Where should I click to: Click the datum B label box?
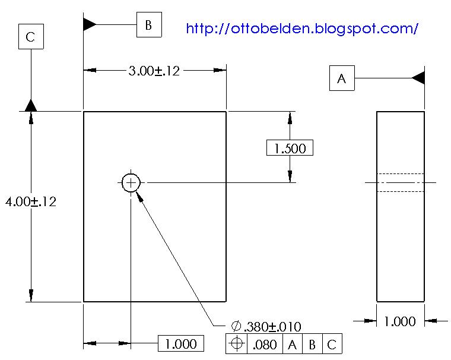149,25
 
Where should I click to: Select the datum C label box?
31,37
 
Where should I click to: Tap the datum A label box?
342,78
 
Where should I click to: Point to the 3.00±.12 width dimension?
154,71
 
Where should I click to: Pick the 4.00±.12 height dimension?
30,201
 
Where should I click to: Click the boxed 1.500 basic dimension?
290,148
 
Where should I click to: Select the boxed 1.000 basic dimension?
181,343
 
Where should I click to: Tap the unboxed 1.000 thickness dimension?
400,321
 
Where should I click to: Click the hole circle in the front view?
131,182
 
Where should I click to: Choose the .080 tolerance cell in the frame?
265,344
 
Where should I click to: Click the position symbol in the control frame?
237,344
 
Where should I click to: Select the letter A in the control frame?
292,344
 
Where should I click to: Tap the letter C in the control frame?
332,344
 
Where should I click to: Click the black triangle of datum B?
89,24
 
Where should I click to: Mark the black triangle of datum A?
418,78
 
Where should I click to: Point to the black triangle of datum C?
31,105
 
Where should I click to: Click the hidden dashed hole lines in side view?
401,182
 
